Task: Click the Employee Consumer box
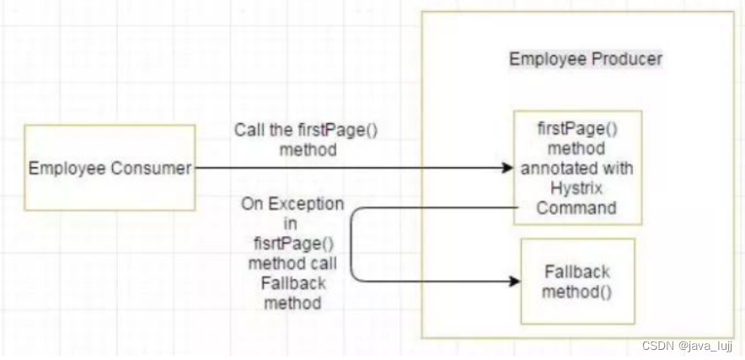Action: click(x=110, y=167)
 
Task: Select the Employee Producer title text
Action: click(x=586, y=59)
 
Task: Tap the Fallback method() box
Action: click(x=577, y=282)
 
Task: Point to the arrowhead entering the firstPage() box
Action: click(x=507, y=168)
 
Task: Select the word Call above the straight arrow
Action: click(x=250, y=132)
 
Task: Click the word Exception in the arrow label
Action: click(x=311, y=204)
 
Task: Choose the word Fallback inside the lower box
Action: click(x=577, y=272)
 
